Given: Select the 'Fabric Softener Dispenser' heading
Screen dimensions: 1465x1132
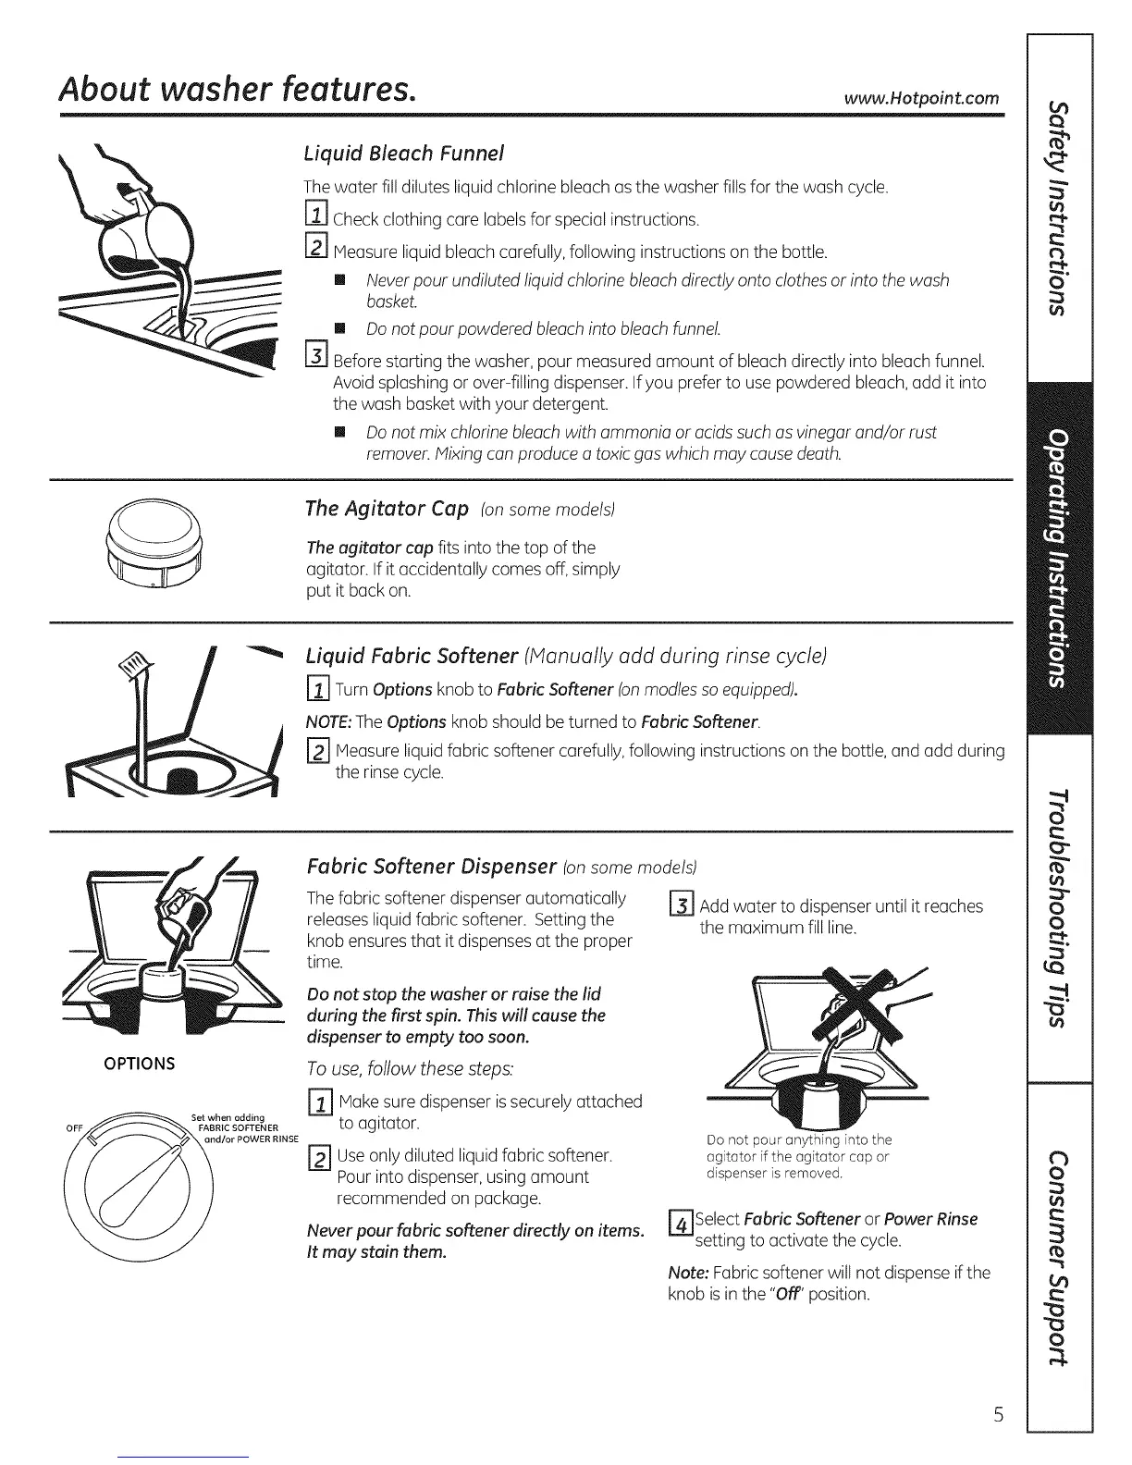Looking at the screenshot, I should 430,868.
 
